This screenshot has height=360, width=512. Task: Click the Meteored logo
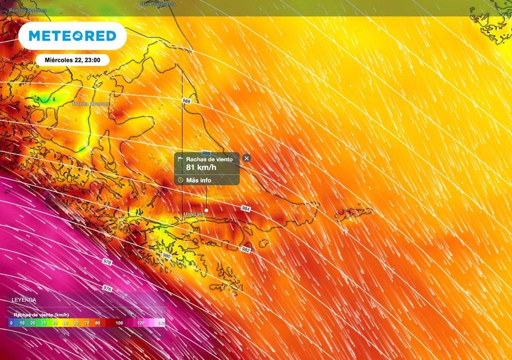click(72, 36)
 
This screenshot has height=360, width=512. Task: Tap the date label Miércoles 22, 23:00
click(72, 60)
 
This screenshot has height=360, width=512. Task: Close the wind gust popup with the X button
click(246, 158)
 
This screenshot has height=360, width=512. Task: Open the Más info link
click(198, 180)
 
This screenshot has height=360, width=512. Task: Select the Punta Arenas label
click(90, 104)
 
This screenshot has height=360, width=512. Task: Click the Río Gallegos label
click(158, 4)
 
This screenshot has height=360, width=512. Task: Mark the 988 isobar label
click(186, 101)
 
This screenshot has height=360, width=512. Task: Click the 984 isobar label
click(245, 208)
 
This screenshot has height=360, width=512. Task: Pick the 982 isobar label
click(245, 249)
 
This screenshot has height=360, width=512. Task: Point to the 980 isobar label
click(166, 255)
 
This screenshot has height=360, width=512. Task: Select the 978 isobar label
click(107, 262)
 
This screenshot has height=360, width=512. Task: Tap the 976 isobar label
click(107, 288)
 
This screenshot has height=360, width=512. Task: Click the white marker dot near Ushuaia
click(206, 211)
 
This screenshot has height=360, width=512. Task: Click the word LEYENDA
click(23, 299)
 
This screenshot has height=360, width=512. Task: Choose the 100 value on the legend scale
click(119, 323)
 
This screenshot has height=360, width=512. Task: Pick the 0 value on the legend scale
click(11, 323)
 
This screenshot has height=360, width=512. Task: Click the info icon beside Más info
click(180, 180)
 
